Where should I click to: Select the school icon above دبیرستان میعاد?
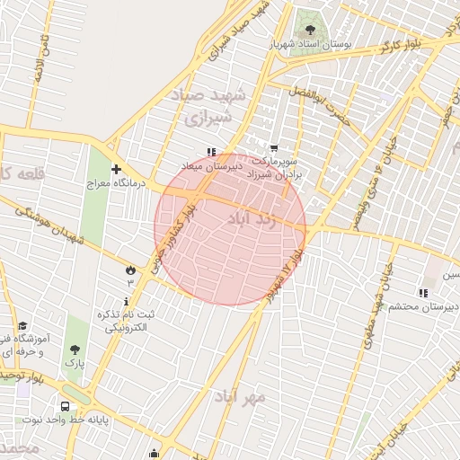point(211,152)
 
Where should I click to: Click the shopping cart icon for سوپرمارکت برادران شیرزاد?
point(274,148)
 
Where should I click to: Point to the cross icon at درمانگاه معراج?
point(116,169)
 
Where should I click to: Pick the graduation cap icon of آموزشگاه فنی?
point(22,326)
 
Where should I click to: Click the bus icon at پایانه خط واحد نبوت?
point(65,406)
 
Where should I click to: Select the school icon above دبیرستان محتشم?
point(423,292)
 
